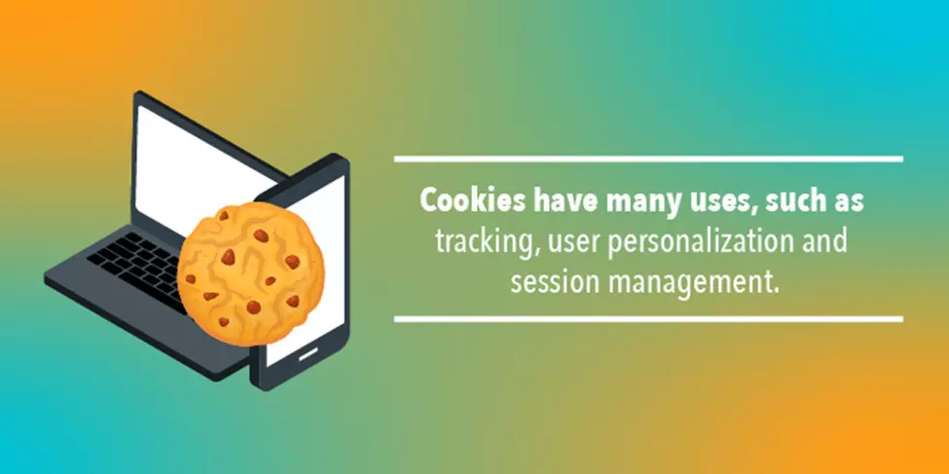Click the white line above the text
point(648,160)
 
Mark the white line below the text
point(648,319)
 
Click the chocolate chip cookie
point(250,273)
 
